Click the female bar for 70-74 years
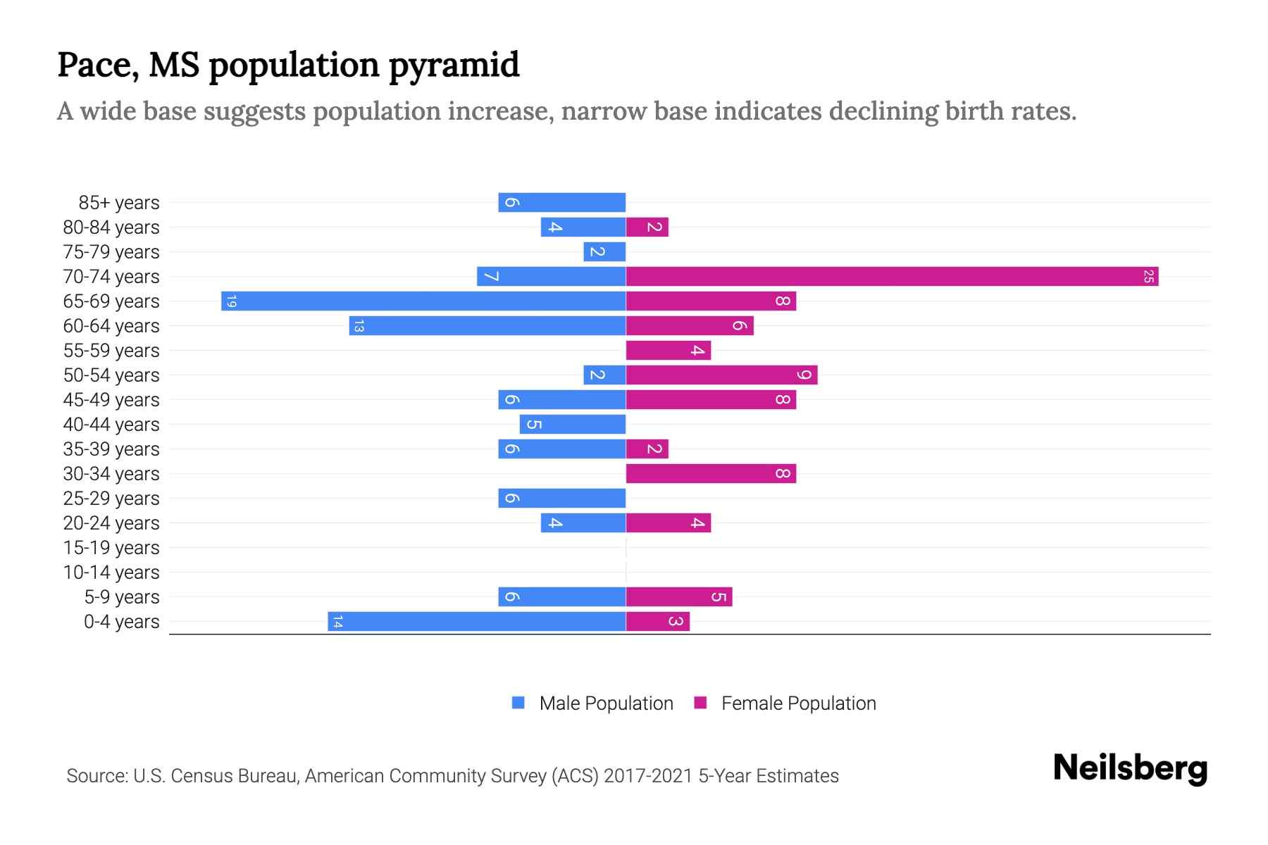tap(892, 276)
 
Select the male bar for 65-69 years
tap(423, 301)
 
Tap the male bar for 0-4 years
tap(477, 621)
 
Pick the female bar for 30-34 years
tap(711, 473)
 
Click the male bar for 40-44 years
tap(573, 424)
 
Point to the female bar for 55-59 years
tap(669, 350)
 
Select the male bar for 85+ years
tap(562, 202)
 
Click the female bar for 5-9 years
tap(679, 596)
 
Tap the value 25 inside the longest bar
tap(1148, 276)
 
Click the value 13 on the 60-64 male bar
tap(359, 325)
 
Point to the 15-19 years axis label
tap(111, 547)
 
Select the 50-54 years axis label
tap(111, 375)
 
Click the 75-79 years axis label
tap(111, 251)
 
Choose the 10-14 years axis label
tap(111, 572)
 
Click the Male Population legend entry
tap(606, 703)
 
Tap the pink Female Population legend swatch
tap(700, 703)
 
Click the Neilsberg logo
tap(1130, 768)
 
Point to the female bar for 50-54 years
tap(721, 375)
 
